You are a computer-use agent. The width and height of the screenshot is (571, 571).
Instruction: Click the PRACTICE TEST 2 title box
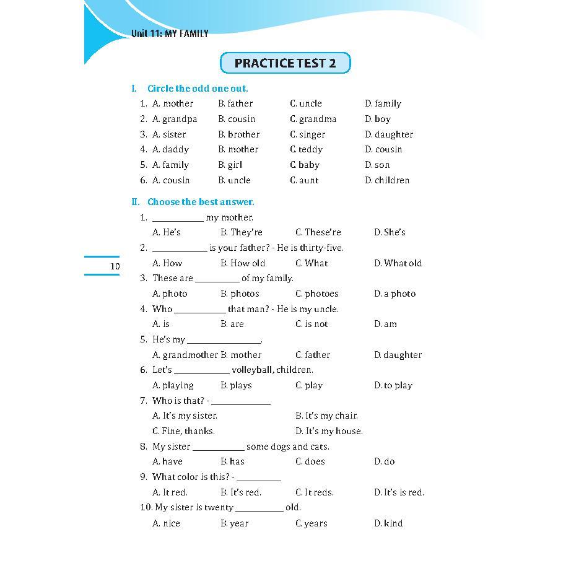pyautogui.click(x=285, y=63)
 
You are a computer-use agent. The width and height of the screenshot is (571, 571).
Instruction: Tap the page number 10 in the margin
pyautogui.click(x=115, y=266)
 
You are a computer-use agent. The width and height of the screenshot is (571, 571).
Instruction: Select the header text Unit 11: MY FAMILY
pyautogui.click(x=170, y=34)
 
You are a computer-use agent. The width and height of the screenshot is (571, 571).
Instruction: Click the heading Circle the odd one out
pyautogui.click(x=197, y=89)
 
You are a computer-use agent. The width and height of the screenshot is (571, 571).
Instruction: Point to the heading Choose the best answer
pyautogui.click(x=200, y=202)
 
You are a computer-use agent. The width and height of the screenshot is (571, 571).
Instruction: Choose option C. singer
pyautogui.click(x=307, y=134)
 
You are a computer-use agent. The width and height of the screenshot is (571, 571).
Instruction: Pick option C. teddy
pyautogui.click(x=306, y=149)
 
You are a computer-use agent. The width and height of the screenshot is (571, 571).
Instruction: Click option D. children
pyautogui.click(x=387, y=180)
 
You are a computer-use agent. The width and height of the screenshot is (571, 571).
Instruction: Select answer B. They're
pyautogui.click(x=242, y=232)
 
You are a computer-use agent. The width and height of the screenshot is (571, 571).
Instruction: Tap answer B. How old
pyautogui.click(x=243, y=263)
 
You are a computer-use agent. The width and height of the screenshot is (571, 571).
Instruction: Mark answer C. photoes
pyautogui.click(x=317, y=294)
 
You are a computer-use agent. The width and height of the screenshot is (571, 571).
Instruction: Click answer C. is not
pyautogui.click(x=312, y=324)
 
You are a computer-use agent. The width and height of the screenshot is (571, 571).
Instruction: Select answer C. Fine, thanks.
pyautogui.click(x=183, y=431)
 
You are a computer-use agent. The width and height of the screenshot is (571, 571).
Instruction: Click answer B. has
pyautogui.click(x=232, y=461)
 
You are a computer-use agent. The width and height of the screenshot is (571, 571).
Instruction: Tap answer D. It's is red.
pyautogui.click(x=399, y=492)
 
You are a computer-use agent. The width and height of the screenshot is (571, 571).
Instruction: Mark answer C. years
pyautogui.click(x=311, y=523)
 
